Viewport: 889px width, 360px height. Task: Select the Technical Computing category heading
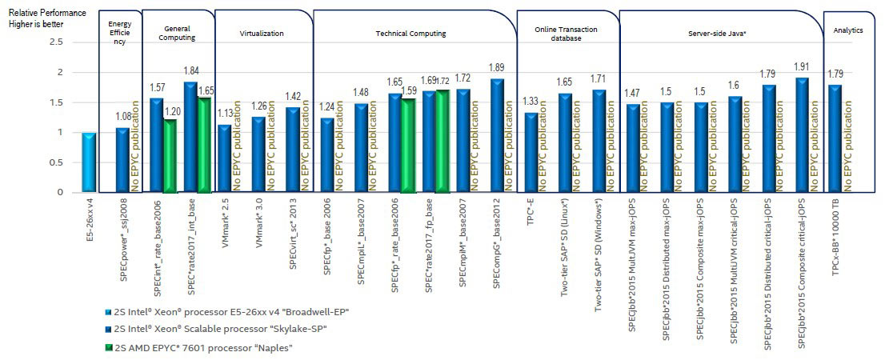pos(410,34)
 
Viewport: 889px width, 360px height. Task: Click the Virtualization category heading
pos(262,34)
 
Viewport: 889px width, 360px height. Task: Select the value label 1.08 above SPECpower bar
pos(123,118)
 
